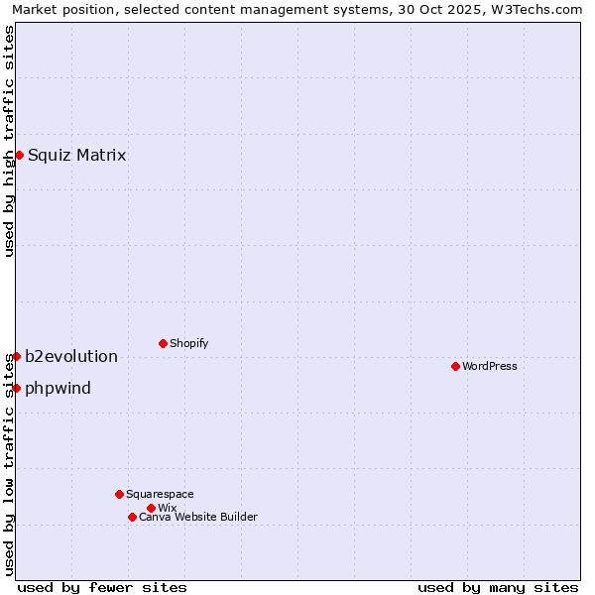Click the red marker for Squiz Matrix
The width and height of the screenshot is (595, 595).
[19, 155]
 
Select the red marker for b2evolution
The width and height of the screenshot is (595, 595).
[17, 356]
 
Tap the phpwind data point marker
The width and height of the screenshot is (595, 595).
[17, 388]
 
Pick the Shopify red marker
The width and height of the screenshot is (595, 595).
[163, 343]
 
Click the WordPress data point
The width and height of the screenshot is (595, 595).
[455, 366]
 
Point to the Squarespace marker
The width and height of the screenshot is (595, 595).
[119, 494]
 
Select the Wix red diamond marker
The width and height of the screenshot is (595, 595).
[151, 508]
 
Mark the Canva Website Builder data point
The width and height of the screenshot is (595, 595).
[132, 517]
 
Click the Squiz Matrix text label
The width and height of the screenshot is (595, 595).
[76, 155]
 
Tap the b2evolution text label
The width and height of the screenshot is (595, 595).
[70, 356]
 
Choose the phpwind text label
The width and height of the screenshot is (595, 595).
[58, 388]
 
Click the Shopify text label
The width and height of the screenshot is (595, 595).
[188, 343]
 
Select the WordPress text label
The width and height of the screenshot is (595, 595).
[489, 366]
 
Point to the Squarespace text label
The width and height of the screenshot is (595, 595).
[160, 494]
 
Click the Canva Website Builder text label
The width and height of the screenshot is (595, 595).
[197, 517]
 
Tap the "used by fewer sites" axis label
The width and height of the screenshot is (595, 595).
[102, 587]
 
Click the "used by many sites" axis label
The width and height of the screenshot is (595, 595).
[498, 587]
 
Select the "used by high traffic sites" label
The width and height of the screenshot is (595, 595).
[9, 141]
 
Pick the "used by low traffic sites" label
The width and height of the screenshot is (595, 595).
[9, 476]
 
